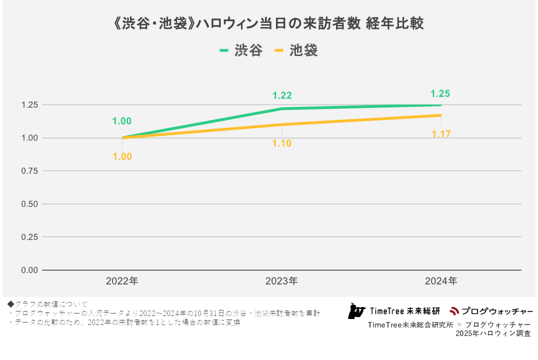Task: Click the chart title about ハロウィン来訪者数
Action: (269, 24)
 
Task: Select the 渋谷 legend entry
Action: (241, 50)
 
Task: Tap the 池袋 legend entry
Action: (296, 50)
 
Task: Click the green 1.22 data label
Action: (282, 95)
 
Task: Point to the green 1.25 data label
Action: (440, 93)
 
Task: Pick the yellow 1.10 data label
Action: (282, 143)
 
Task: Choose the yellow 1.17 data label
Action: (441, 134)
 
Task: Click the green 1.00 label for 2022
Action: (122, 121)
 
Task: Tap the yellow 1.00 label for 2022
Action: (122, 156)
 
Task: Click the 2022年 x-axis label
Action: (122, 281)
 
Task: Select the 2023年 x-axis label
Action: (281, 281)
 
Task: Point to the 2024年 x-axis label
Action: (441, 281)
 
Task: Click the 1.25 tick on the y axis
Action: (30, 105)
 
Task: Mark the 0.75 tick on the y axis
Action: (30, 171)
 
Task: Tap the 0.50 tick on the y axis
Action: (30, 204)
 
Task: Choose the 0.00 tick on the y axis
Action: (30, 270)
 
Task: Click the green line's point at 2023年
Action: (282, 108)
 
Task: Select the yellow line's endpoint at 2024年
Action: (441, 115)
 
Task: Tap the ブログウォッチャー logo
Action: (491, 311)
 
